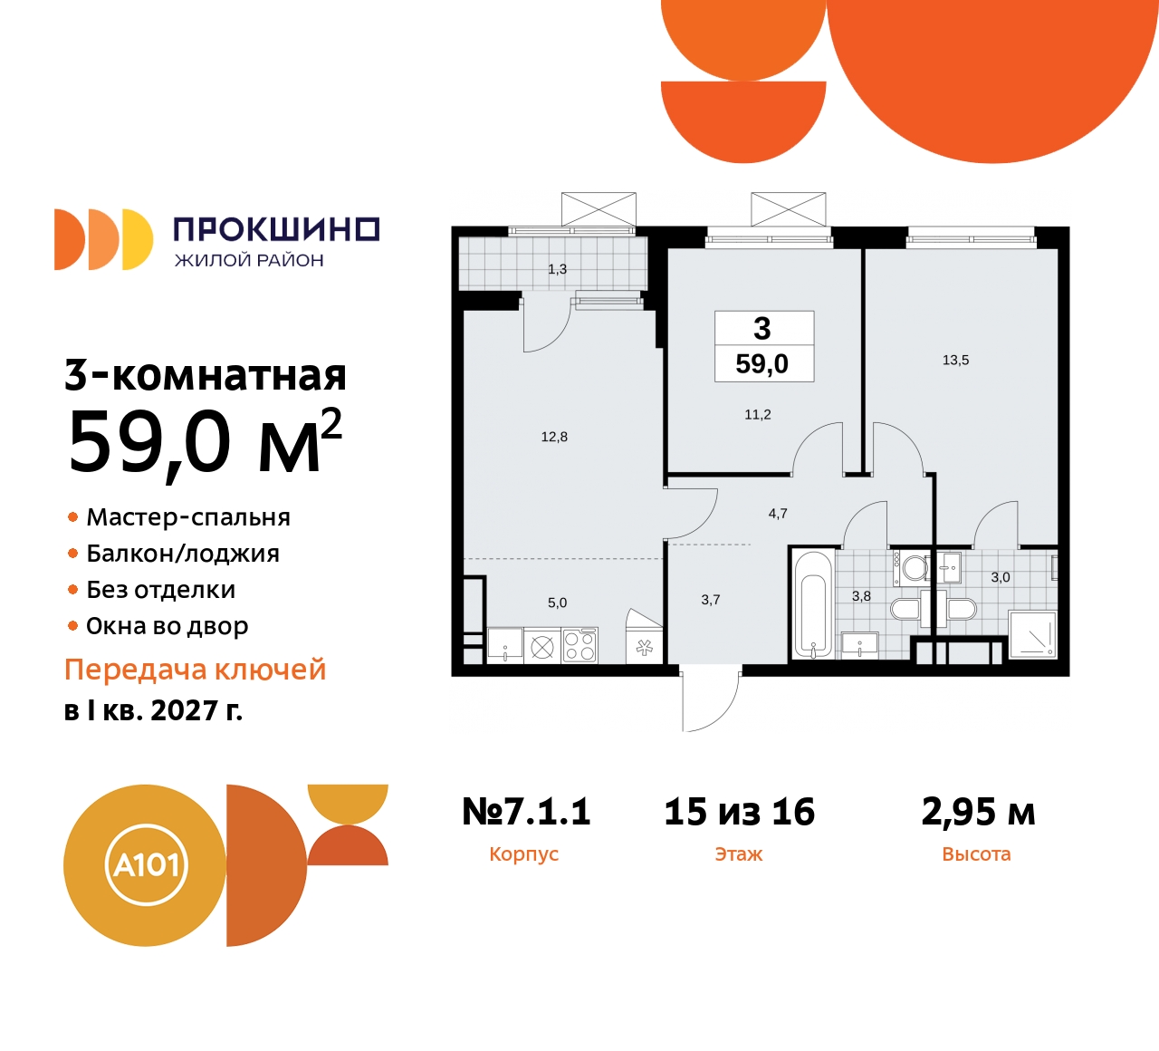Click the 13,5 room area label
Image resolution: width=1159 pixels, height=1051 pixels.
(955, 361)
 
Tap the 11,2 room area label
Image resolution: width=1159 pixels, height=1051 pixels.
(758, 414)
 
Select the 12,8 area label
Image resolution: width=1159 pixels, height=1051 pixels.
(554, 437)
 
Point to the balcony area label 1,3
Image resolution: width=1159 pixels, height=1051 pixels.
(558, 269)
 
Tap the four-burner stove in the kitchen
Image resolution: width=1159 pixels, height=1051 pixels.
(579, 645)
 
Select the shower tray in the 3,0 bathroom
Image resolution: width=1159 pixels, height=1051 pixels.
(1032, 634)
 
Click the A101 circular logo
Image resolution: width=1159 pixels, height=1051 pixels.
(145, 865)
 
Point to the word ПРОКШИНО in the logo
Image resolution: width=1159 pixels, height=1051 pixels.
(277, 229)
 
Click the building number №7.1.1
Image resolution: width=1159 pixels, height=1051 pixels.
(526, 811)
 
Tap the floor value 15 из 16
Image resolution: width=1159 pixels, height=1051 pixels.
(740, 811)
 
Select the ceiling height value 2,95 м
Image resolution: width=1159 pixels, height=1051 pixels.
(978, 812)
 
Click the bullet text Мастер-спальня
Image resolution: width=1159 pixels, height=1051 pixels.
(188, 517)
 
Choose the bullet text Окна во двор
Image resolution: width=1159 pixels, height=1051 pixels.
(168, 626)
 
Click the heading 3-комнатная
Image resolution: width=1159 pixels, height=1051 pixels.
(206, 375)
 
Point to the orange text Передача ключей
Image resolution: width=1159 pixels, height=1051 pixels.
(196, 670)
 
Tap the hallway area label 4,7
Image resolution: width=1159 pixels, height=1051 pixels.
(778, 514)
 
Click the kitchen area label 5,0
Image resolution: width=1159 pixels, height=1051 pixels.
(558, 603)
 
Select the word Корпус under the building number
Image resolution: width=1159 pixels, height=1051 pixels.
(524, 854)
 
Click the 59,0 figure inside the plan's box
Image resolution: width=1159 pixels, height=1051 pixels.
(762, 364)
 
